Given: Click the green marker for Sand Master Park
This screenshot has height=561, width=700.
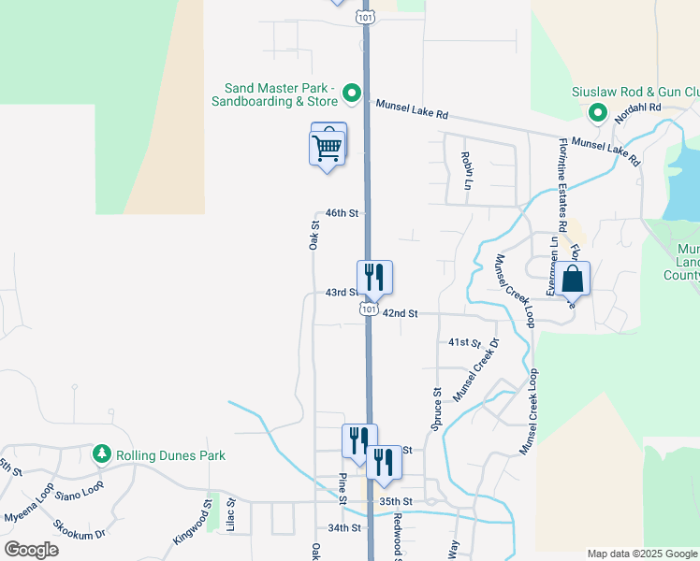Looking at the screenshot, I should (351, 92).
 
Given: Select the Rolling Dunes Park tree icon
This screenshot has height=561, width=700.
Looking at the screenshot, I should (102, 455).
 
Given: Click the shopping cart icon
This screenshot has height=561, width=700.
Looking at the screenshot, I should (327, 146).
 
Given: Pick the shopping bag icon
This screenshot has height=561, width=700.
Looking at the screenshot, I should (573, 278).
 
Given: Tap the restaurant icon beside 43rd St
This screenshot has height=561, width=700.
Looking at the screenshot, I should (373, 277).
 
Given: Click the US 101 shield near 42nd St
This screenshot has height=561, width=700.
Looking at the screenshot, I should (370, 309).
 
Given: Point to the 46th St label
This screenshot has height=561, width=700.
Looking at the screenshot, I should (342, 214).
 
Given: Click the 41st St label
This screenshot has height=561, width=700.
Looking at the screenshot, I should (464, 343).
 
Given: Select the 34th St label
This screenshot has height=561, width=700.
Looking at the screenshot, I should (344, 528).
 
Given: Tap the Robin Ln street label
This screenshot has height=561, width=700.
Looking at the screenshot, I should (464, 170).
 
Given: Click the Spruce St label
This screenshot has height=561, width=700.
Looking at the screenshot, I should (436, 409).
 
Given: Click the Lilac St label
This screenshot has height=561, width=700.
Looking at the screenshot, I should (230, 520).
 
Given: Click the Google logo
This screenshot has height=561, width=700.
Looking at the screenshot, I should (31, 550).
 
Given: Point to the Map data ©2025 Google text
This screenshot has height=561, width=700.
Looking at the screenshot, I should (641, 554).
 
